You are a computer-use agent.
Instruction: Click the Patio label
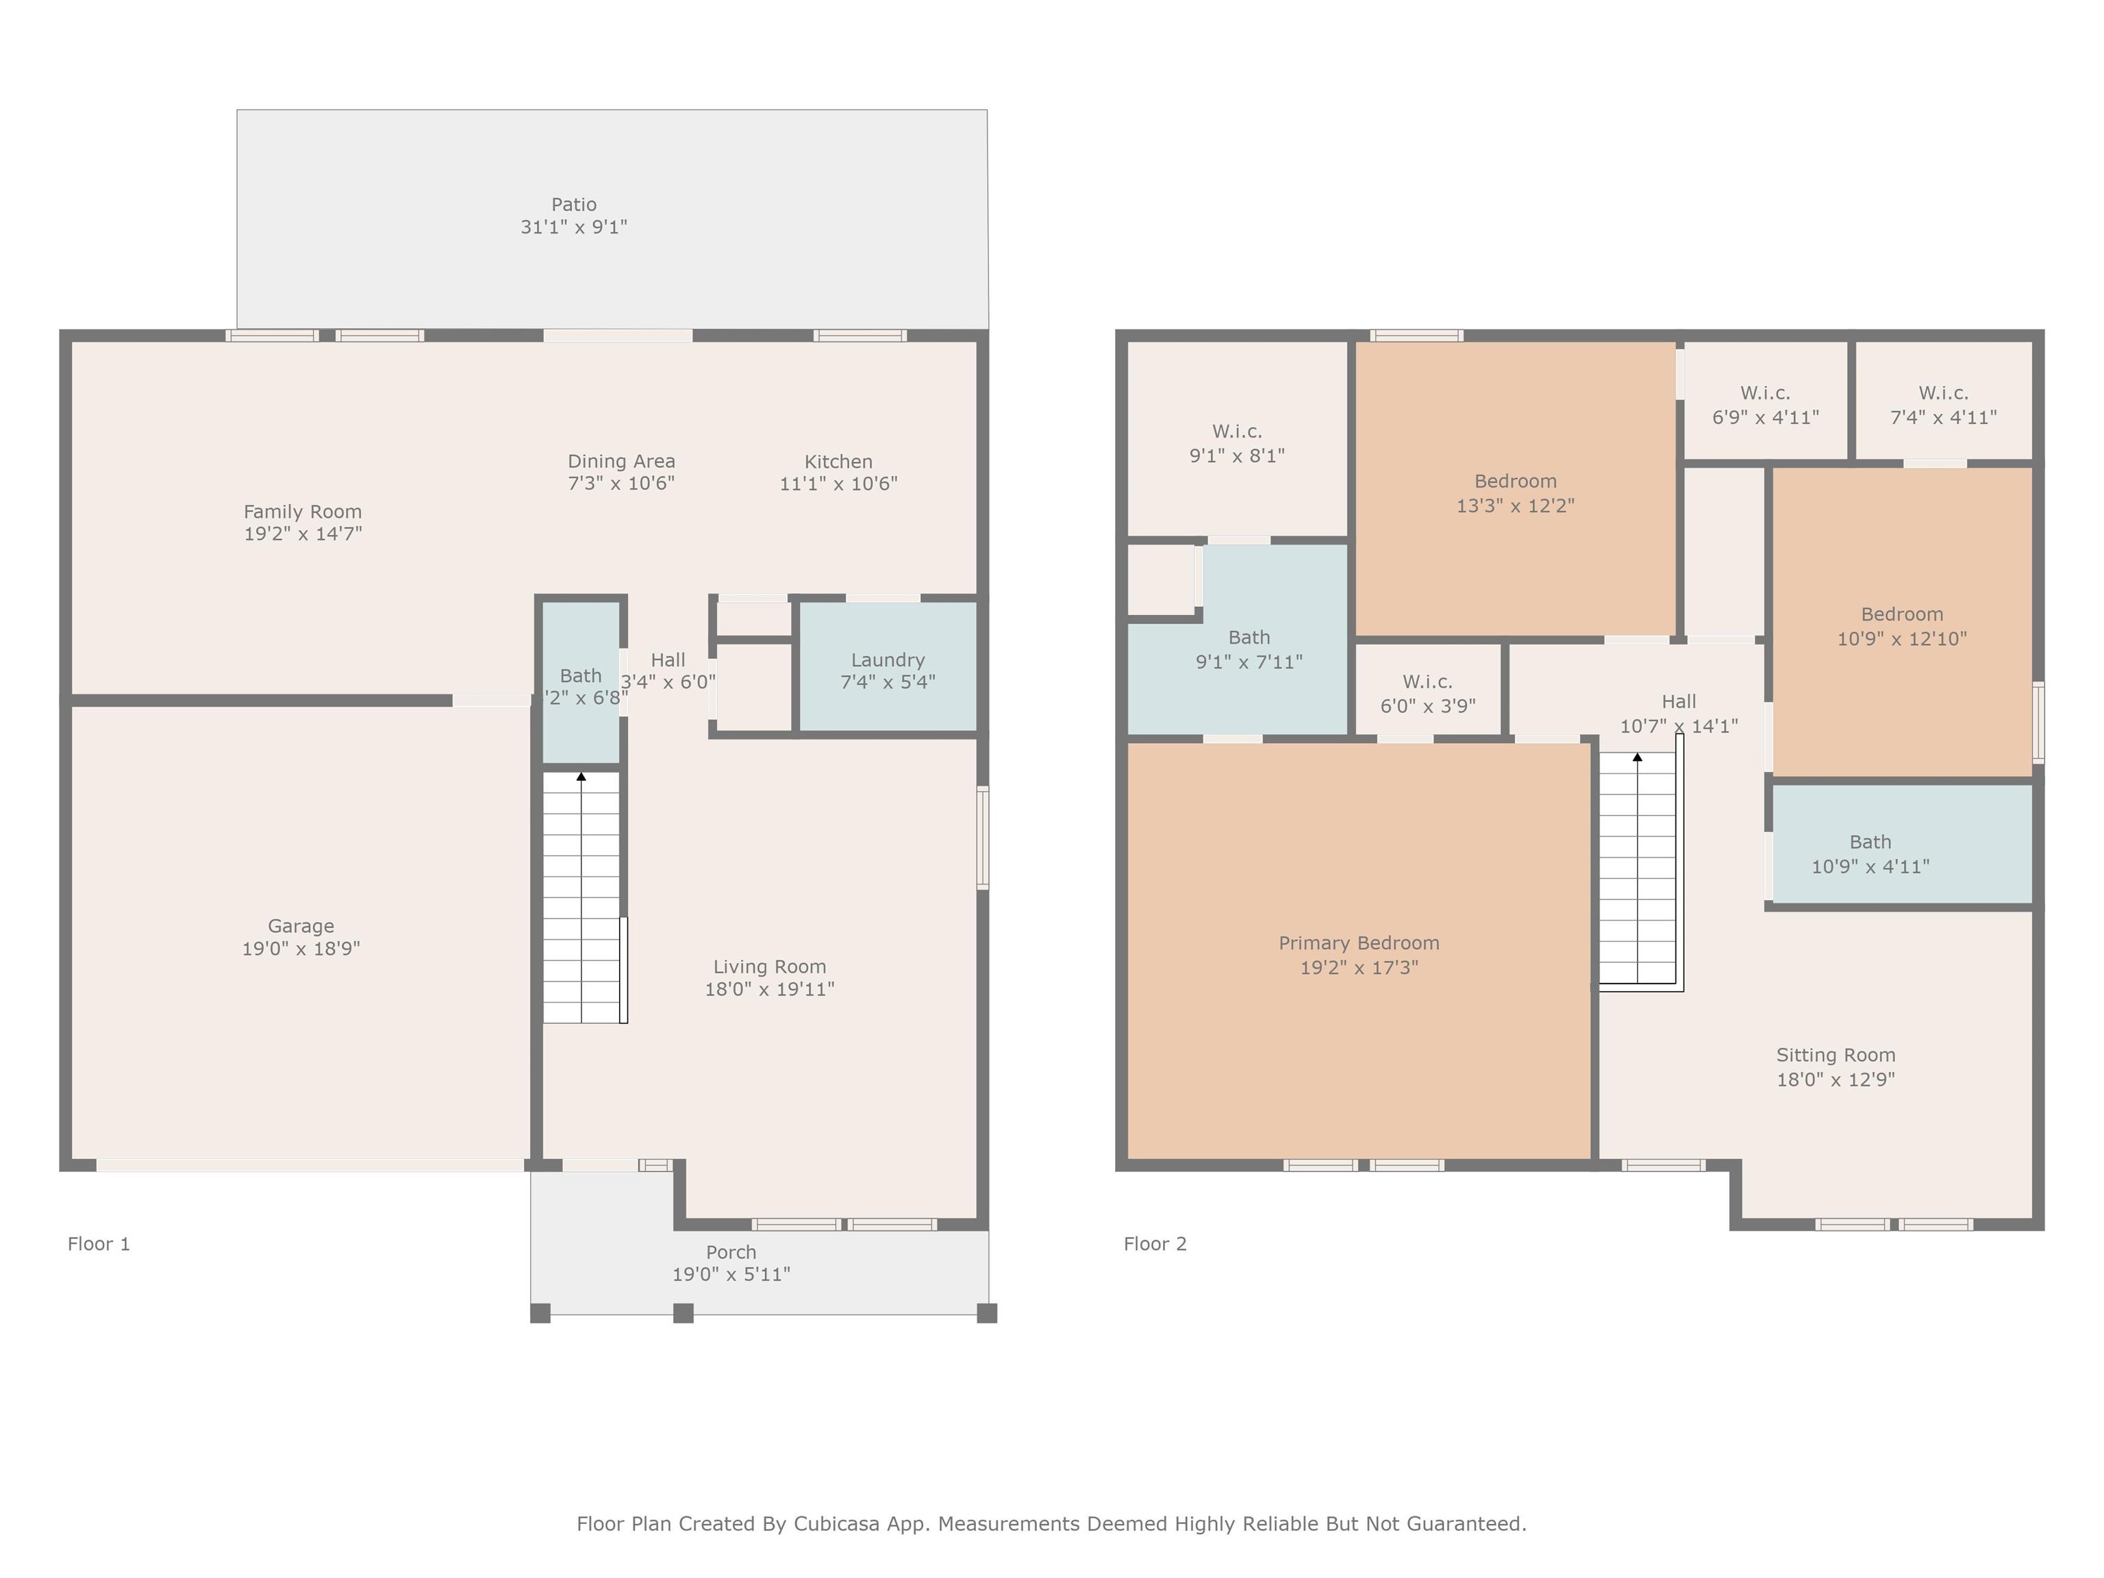pos(573,205)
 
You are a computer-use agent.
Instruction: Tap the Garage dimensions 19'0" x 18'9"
pos(301,949)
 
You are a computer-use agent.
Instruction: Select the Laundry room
pos(888,666)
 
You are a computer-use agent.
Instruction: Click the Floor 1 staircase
pos(581,897)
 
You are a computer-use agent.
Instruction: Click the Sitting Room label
pos(1836,1055)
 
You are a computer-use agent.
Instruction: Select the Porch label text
pos(731,1252)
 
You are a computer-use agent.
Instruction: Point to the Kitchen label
pos(838,462)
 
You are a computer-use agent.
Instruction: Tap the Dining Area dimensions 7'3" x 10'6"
pos(621,484)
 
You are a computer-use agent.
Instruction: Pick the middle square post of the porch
pos(683,1314)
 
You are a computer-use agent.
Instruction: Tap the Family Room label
pos(303,512)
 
